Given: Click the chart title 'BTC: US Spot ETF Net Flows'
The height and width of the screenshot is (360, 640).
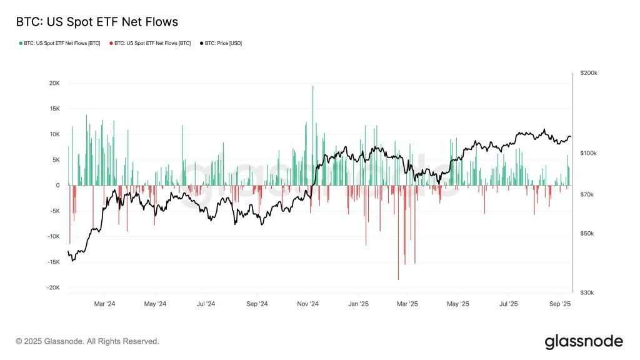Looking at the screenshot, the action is click(97, 22).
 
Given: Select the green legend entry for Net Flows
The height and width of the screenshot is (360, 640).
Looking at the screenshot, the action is click(59, 43).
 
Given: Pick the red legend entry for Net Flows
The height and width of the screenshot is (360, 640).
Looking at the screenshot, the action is click(150, 43).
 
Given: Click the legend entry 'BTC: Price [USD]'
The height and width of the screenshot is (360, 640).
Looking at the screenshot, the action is click(221, 43).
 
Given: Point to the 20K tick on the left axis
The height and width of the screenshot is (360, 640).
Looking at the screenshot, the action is click(54, 83).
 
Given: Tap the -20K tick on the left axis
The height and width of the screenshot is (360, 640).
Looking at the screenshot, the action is click(53, 287).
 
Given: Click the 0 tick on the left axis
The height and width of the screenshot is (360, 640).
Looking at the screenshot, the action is click(57, 185).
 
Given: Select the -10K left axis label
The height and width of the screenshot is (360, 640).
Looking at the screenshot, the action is click(53, 236).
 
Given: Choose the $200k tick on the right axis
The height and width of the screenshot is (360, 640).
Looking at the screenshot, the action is click(589, 73).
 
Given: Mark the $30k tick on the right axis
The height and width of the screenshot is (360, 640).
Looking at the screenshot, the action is click(587, 292).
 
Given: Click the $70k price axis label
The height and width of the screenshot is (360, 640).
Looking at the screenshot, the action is click(587, 195).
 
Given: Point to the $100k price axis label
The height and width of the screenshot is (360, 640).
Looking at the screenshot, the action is click(588, 153).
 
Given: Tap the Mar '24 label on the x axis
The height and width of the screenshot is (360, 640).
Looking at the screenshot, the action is click(104, 304).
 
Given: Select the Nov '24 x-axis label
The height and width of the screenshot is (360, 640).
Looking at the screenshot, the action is click(307, 304).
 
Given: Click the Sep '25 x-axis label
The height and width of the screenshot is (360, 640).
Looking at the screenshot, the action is click(560, 304).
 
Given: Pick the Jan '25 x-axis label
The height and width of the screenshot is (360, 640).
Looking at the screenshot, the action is click(358, 304).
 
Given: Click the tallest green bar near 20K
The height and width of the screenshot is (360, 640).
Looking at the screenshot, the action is click(312, 136).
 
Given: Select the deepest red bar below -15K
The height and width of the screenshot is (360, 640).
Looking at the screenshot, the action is click(398, 232).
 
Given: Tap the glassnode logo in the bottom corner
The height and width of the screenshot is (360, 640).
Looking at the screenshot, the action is click(584, 342).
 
